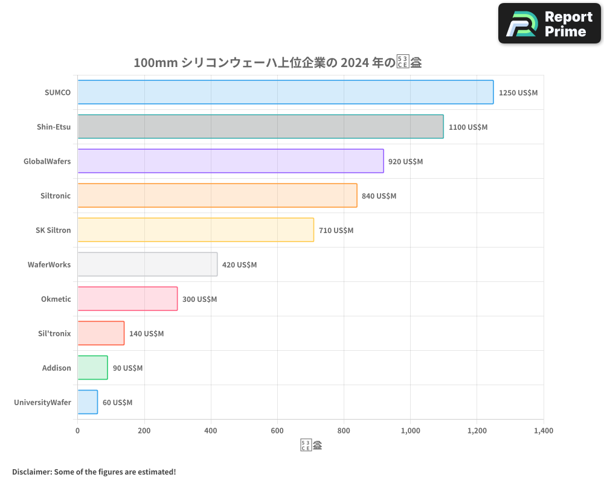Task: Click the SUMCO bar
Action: [285, 92]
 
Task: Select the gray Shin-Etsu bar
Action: [260, 127]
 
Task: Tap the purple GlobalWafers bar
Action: [230, 161]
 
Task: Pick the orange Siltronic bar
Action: [217, 196]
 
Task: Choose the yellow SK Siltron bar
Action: [196, 230]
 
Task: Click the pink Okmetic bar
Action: [127, 299]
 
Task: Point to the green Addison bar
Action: [92, 368]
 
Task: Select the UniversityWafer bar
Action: [88, 402]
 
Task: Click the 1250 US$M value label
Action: [518, 93]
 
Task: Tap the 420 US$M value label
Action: [239, 265]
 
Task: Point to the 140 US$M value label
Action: [146, 334]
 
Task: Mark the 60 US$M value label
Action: [117, 403]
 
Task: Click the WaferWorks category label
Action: [49, 265]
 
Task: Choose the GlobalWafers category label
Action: [47, 162]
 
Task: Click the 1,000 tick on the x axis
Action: [410, 431]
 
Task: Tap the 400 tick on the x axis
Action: [211, 431]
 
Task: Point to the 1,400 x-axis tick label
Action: [543, 431]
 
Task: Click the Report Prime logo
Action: [549, 24]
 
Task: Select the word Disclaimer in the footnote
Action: [31, 472]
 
